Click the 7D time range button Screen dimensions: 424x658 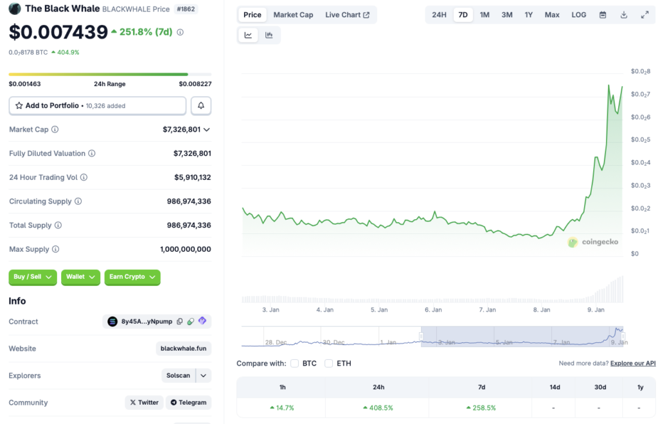(x=463, y=15)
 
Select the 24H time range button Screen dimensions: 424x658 (x=439, y=15)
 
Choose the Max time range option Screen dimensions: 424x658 (x=552, y=15)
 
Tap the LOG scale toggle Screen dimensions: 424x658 (x=578, y=15)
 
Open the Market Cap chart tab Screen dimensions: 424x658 (x=293, y=15)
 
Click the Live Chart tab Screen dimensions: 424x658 (x=347, y=15)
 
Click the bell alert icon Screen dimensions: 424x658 (x=201, y=105)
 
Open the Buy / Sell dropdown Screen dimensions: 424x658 (x=33, y=277)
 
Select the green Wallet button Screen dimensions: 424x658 (x=80, y=277)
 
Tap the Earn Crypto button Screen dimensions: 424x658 (x=132, y=277)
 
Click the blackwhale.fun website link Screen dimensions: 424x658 (x=184, y=349)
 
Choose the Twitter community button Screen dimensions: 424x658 (x=144, y=403)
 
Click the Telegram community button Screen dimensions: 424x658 (x=189, y=403)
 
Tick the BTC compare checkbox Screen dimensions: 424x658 (x=295, y=364)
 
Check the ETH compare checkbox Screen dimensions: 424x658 (x=329, y=364)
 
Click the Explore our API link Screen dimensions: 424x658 (x=633, y=364)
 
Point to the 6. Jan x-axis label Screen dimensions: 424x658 (x=433, y=310)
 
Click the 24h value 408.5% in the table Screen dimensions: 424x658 (x=378, y=408)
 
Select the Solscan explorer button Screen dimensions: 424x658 (x=178, y=376)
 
